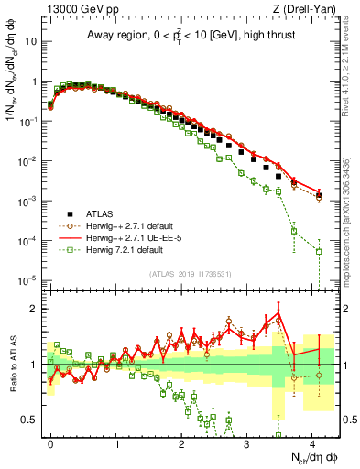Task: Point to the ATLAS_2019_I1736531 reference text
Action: click(190, 274)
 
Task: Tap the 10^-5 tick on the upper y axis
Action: click(28, 280)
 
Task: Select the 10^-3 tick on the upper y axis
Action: click(28, 201)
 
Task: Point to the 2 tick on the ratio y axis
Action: click(33, 308)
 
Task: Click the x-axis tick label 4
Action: click(314, 442)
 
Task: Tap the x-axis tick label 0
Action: click(50, 442)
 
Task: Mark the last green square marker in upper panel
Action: click(319, 251)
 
